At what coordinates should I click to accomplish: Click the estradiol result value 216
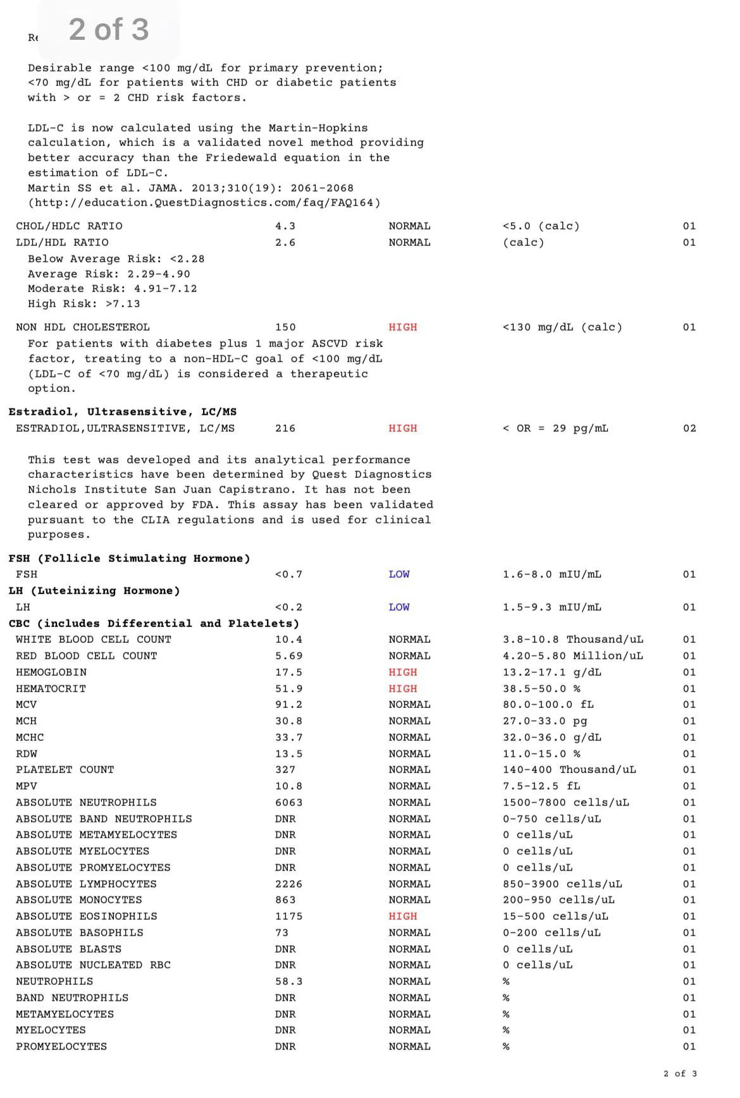pyautogui.click(x=285, y=429)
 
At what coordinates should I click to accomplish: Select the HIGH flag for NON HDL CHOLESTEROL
pyautogui.click(x=403, y=327)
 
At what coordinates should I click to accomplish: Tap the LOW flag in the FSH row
pyautogui.click(x=399, y=575)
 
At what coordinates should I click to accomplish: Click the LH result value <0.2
pyautogui.click(x=288, y=607)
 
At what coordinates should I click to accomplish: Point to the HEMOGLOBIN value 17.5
pyautogui.click(x=288, y=673)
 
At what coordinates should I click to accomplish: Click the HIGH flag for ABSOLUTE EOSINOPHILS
pyautogui.click(x=403, y=917)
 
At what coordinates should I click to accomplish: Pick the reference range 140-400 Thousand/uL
pyautogui.click(x=569, y=770)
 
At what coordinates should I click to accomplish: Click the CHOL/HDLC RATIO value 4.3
pyautogui.click(x=285, y=226)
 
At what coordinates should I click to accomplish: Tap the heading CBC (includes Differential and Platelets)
pyautogui.click(x=154, y=624)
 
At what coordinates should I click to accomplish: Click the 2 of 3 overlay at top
pyautogui.click(x=109, y=30)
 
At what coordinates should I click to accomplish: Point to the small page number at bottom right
pyautogui.click(x=680, y=1074)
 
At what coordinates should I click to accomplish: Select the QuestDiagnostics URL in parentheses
pyautogui.click(x=204, y=203)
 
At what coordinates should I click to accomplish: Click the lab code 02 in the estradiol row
pyautogui.click(x=689, y=429)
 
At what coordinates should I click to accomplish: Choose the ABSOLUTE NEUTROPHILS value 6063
pyautogui.click(x=288, y=803)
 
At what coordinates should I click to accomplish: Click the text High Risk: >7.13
pyautogui.click(x=83, y=304)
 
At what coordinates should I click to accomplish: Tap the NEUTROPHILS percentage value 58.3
pyautogui.click(x=288, y=982)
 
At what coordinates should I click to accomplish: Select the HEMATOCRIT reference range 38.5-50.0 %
pyautogui.click(x=541, y=689)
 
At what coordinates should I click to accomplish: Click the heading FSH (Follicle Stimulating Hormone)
pyautogui.click(x=130, y=559)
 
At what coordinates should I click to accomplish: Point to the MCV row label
pyautogui.click(x=27, y=705)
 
